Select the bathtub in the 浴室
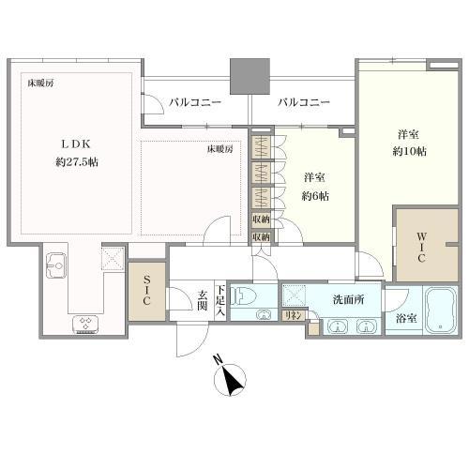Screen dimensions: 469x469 point(439,309)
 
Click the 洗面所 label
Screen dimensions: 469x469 point(348,300)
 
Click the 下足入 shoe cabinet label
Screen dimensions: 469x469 point(219,300)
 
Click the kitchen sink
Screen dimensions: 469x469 point(54,263)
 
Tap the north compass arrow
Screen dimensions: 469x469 point(230,380)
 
